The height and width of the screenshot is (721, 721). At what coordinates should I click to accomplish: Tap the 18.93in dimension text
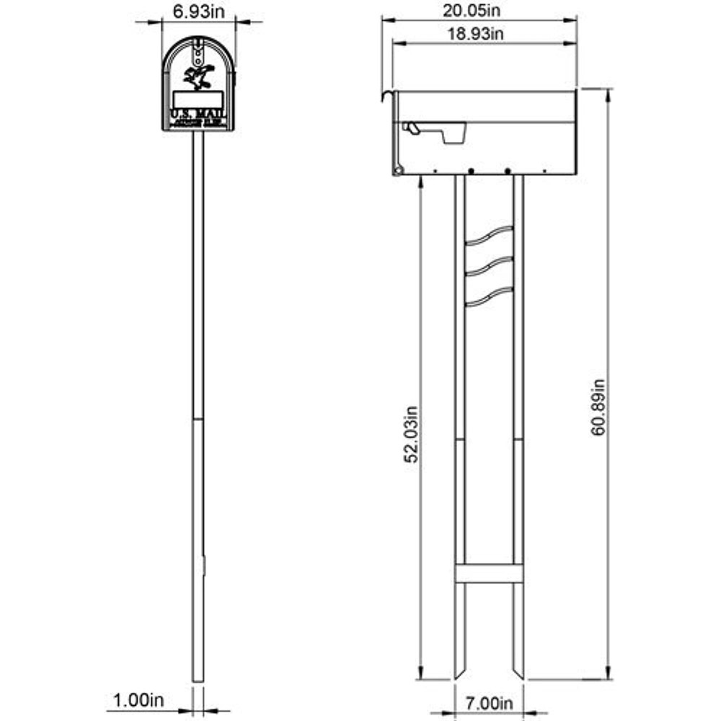[x=479, y=34]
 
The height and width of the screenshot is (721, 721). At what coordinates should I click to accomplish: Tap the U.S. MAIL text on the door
[x=198, y=115]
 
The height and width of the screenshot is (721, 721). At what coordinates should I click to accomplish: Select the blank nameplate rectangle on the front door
[x=198, y=99]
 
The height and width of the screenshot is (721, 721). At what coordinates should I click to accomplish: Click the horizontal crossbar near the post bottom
[x=489, y=573]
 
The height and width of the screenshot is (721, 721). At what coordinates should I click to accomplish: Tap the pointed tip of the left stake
[x=459, y=676]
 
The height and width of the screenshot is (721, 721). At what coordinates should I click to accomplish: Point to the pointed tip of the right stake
[x=519, y=676]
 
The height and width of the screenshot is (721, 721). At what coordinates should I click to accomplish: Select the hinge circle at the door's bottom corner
[x=397, y=170]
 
